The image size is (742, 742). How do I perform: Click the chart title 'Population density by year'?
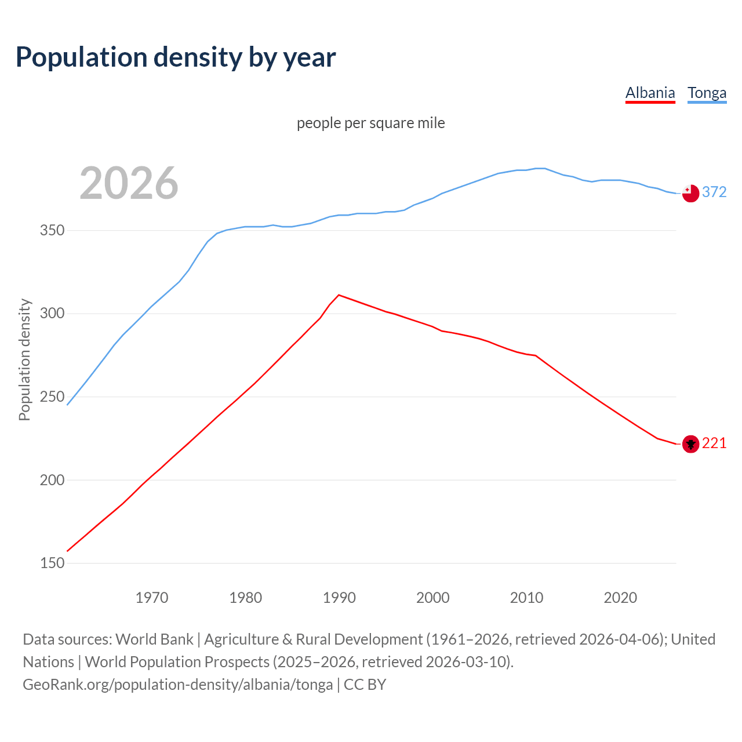pyautogui.click(x=176, y=57)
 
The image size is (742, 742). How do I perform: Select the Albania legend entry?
pyautogui.click(x=650, y=93)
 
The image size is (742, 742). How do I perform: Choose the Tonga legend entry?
pyautogui.click(x=707, y=93)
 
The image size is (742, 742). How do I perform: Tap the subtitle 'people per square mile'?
pyautogui.click(x=370, y=123)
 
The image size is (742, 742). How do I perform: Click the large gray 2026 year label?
pyautogui.click(x=129, y=183)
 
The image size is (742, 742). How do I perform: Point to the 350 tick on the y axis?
pyautogui.click(x=52, y=231)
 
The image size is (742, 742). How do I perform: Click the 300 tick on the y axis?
pyautogui.click(x=52, y=314)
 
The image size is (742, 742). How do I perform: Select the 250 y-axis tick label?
pyautogui.click(x=52, y=397)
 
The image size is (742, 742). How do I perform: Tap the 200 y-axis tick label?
pyautogui.click(x=52, y=480)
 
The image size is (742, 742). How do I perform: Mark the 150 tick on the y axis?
pyautogui.click(x=52, y=563)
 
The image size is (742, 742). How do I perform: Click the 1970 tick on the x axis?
pyautogui.click(x=151, y=598)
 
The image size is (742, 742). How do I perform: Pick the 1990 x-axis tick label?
pyautogui.click(x=339, y=598)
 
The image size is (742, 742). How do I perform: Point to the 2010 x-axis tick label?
pyautogui.click(x=526, y=598)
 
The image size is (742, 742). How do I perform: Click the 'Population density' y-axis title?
pyautogui.click(x=24, y=359)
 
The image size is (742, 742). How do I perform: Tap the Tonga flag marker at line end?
pyautogui.click(x=690, y=193)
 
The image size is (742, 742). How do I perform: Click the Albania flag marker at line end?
pyautogui.click(x=690, y=444)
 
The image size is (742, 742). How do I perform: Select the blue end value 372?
pyautogui.click(x=714, y=192)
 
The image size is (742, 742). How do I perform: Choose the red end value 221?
pyautogui.click(x=714, y=443)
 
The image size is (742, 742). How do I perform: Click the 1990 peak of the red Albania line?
pyautogui.click(x=339, y=295)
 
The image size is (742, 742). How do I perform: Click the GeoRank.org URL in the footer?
pyautogui.click(x=177, y=685)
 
